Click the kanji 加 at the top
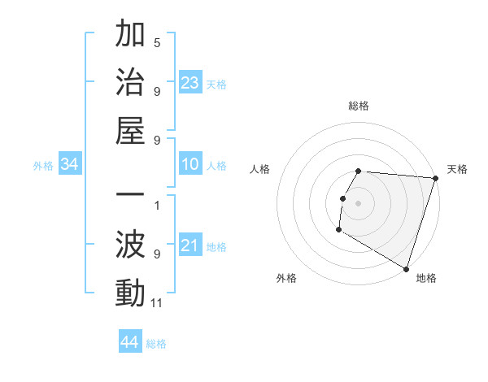coord(131,36)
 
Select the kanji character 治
coord(131,85)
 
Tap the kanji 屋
coord(131,133)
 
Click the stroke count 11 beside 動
coord(157,303)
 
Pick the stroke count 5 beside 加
coord(157,42)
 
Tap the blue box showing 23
coord(190,82)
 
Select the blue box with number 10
coord(190,164)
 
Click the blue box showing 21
coord(190,245)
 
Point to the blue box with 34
coord(70,164)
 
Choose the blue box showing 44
coord(129,342)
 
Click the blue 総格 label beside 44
coord(156,344)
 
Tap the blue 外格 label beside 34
coord(43,166)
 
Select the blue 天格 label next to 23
coord(216,84)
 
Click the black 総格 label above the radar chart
coord(359,106)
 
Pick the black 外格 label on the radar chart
coord(286,278)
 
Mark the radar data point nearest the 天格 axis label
coord(435,178)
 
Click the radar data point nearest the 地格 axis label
coord(405,267)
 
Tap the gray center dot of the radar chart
coord(358,202)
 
